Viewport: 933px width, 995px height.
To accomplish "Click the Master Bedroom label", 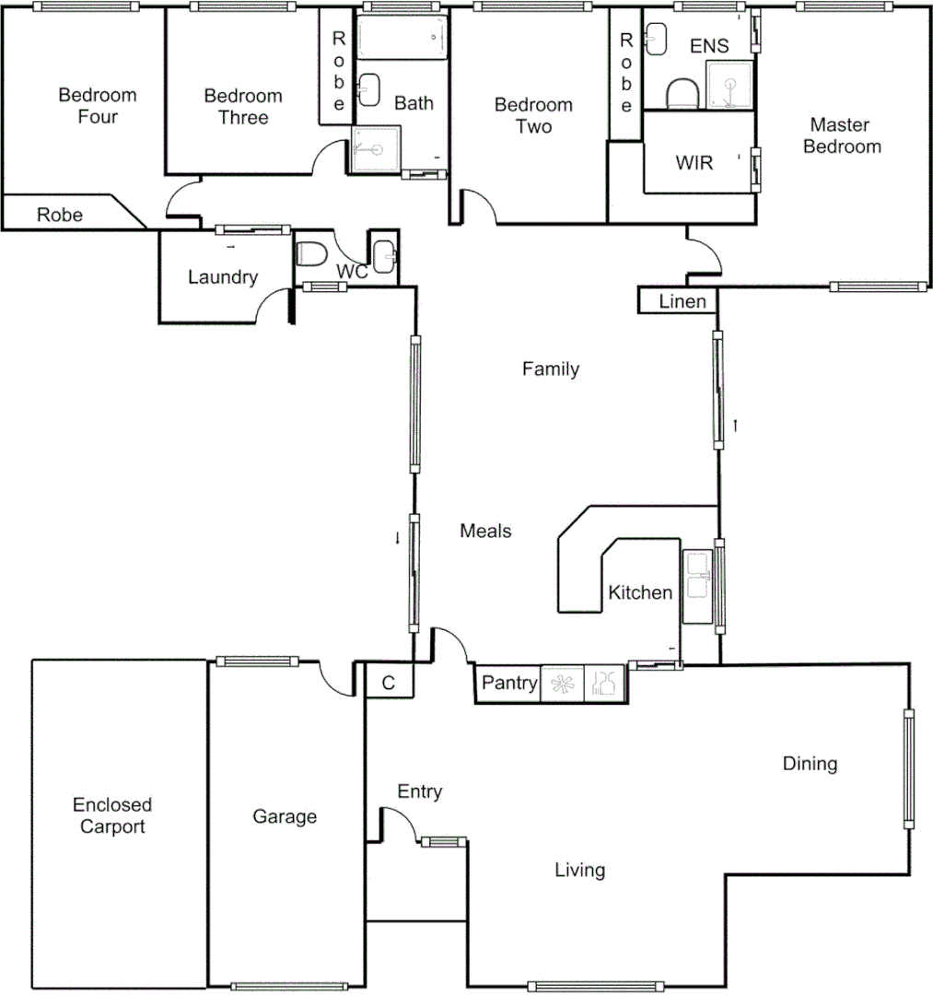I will [x=842, y=135].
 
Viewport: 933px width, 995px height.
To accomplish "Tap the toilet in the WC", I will [x=310, y=253].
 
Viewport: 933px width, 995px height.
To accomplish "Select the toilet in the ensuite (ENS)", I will [x=682, y=92].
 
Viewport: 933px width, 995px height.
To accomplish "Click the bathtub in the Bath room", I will [x=402, y=38].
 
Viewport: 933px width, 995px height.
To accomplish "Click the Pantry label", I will [x=509, y=683].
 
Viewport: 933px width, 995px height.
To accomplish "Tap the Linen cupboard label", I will [x=682, y=301].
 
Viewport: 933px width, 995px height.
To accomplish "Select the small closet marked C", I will [x=389, y=683].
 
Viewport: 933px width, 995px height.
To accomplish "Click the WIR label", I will [x=694, y=163].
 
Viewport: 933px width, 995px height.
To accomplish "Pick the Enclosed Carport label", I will [x=112, y=815].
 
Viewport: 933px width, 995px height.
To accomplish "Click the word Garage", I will [x=285, y=816].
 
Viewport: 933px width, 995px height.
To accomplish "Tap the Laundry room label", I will [x=222, y=276].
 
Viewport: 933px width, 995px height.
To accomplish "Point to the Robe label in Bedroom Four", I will [x=60, y=215].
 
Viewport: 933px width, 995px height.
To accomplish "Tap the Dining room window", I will [x=909, y=769].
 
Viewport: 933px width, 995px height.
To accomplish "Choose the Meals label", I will [x=485, y=531].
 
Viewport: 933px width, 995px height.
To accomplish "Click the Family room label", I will [x=551, y=369].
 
